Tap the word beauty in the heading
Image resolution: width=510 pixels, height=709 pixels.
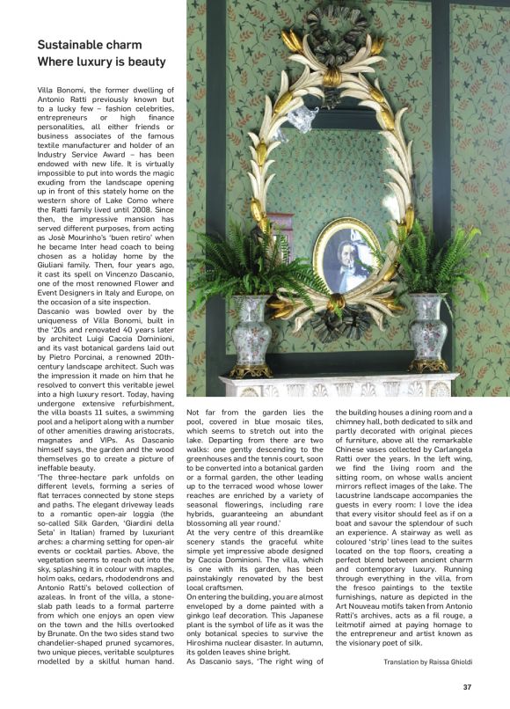click(x=145, y=62)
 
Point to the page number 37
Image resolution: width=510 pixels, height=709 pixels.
click(x=479, y=686)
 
